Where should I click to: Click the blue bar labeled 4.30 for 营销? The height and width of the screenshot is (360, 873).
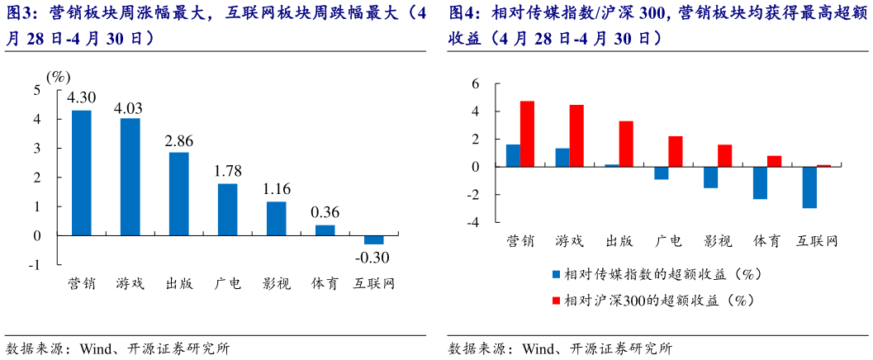tap(82, 173)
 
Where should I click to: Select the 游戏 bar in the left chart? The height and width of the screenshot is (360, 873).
tap(130, 177)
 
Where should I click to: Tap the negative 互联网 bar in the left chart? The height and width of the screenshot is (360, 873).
tap(374, 239)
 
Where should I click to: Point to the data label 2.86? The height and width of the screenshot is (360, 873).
tap(178, 140)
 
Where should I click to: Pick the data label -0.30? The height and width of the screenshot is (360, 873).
tap(372, 257)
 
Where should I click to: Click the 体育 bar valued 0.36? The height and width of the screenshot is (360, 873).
tap(325, 230)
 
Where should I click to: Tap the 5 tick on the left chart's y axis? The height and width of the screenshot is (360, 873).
tap(36, 90)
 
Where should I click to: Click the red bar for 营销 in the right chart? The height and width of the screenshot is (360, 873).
tap(527, 134)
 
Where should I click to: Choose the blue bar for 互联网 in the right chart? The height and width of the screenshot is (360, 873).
tap(809, 187)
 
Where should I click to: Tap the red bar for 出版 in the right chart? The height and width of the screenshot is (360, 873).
tap(626, 144)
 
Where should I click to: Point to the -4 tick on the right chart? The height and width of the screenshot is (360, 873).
tap(473, 222)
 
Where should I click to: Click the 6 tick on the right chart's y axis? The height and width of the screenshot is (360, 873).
tap(475, 83)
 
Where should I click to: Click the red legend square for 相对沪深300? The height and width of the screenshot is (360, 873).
tap(557, 301)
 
